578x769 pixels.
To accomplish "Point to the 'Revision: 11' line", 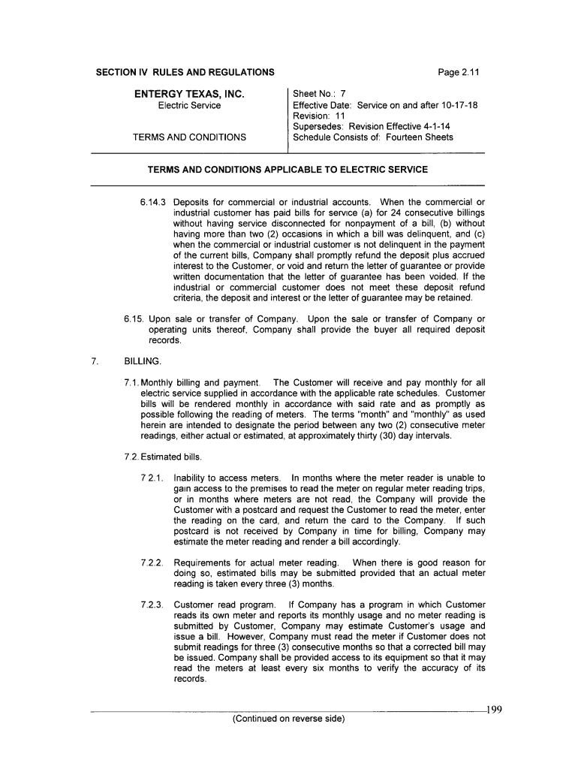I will coord(319,116).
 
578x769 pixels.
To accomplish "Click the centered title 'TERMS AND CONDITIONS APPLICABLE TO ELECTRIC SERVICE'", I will coord(287,170).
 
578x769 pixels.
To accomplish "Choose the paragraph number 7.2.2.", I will coord(153,562).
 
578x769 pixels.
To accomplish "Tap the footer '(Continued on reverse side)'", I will coord(287,719).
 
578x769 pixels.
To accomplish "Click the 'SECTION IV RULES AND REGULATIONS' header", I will coord(184,72).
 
